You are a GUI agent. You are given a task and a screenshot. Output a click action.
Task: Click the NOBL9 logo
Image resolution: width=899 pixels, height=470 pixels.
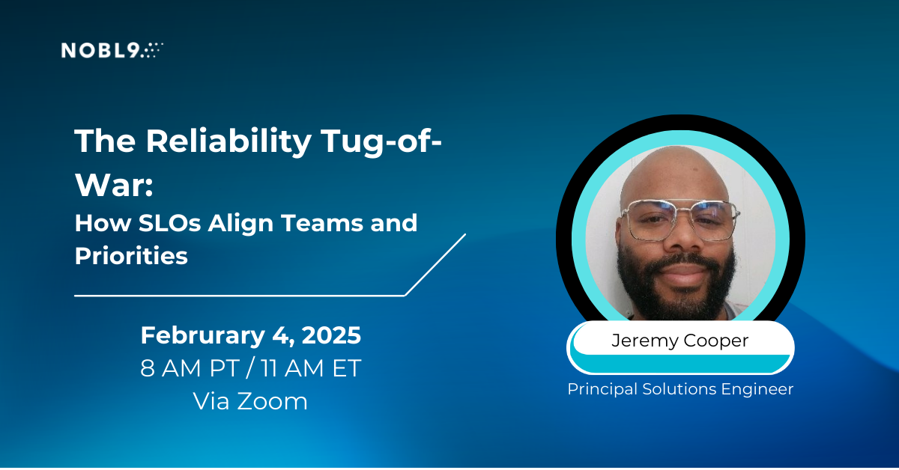112,50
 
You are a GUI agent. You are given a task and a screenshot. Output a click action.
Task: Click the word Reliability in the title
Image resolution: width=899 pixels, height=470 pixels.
228,142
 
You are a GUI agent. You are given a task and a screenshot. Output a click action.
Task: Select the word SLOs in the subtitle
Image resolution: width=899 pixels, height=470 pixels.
169,223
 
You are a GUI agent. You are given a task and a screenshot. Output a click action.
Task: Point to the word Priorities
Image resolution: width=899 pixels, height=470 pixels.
131,256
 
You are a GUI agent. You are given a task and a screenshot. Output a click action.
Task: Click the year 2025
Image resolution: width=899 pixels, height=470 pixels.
331,335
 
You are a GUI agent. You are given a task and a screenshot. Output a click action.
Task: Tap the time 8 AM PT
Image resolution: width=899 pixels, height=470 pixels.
190,368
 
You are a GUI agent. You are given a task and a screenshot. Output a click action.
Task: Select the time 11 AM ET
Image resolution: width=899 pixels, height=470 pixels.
311,368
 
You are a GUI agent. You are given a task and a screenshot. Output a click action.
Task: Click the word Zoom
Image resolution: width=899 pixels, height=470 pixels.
272,401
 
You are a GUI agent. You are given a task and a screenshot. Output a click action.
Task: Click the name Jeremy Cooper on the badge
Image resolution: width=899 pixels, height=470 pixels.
680,341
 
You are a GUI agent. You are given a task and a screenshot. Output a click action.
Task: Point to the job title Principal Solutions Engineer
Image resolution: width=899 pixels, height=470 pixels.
680,389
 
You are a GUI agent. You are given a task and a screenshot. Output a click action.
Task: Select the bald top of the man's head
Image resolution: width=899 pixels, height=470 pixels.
674,165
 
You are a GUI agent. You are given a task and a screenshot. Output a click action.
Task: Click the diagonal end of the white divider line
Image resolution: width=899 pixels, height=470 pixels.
465,234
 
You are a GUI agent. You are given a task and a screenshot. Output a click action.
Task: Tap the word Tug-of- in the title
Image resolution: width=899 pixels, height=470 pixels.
381,142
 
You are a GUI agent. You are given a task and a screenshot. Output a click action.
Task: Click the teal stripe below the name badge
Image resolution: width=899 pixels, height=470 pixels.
680,363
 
